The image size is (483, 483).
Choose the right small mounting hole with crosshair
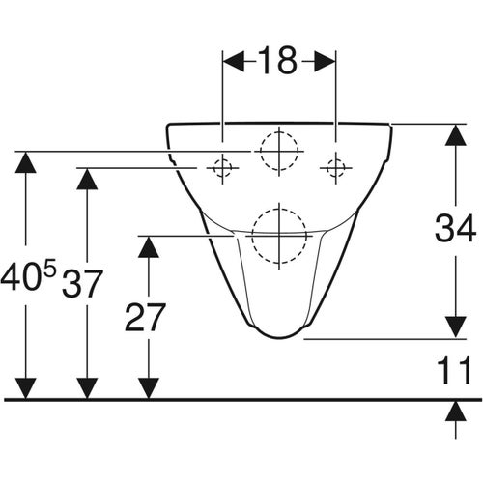click(336, 168)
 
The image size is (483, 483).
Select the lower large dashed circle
click(277, 233)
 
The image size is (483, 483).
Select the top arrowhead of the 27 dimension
click(147, 247)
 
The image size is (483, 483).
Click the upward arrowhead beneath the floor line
click(452, 412)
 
